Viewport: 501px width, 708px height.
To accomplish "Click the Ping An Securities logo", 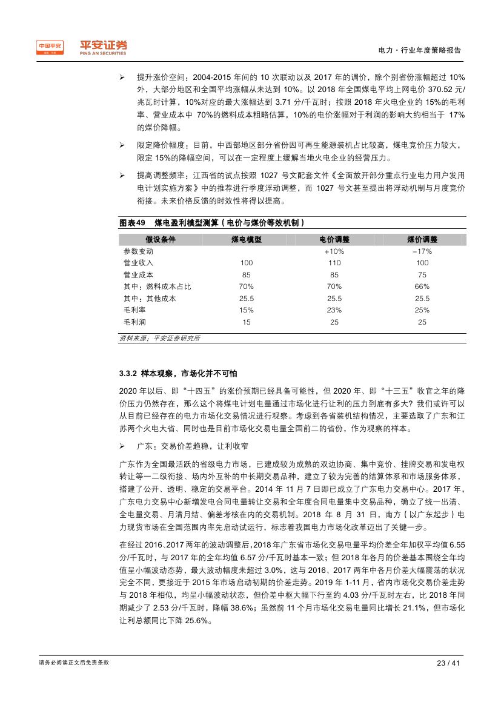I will point(82,47).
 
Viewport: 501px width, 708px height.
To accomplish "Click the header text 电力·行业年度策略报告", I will point(419,50).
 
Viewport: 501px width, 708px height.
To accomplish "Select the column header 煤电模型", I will point(246,239).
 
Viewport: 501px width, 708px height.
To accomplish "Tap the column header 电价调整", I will point(334,239).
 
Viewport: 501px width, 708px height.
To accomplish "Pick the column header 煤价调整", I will point(422,239).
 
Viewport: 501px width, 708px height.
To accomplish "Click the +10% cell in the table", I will point(334,251).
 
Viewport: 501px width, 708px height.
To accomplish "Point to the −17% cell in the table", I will point(422,251).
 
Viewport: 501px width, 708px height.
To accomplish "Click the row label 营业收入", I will point(138,263).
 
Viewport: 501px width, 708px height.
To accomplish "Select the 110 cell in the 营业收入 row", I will point(334,263).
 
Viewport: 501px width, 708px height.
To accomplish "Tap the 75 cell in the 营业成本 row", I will point(422,275).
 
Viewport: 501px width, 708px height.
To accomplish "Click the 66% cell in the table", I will point(422,286).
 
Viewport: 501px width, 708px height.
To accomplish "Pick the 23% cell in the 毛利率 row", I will point(334,310).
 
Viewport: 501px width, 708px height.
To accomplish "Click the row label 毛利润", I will point(134,322).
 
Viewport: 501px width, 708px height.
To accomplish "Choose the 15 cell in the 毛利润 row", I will point(246,322).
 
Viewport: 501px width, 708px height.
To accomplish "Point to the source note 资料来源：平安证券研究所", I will point(159,338).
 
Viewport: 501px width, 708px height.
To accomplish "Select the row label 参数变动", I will point(138,251).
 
